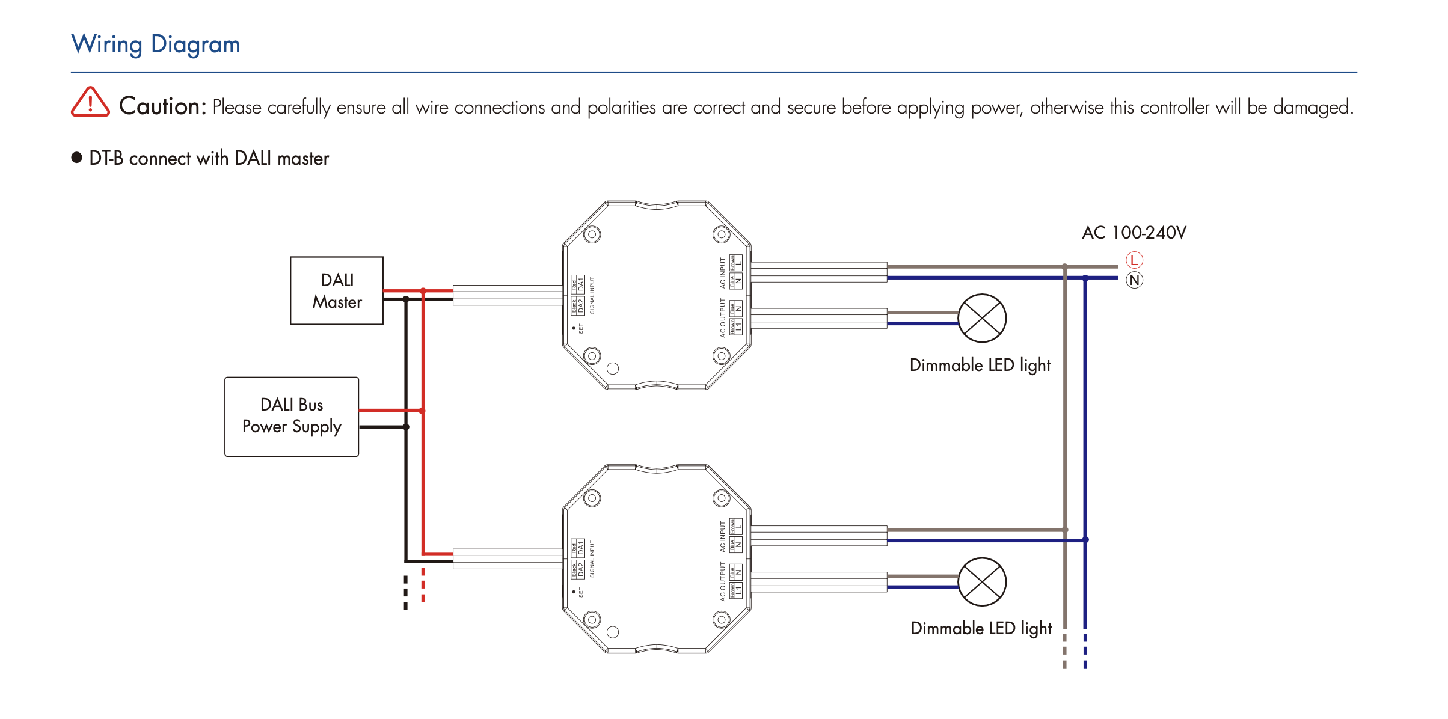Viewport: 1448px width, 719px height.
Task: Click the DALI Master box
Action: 337,291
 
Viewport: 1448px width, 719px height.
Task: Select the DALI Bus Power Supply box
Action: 292,417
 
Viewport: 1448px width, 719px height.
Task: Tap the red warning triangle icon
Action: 90,102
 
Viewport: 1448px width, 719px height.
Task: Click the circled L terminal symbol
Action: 1134,260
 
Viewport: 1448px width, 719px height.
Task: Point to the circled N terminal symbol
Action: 1134,280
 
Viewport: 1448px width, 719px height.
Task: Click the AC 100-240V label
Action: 1134,233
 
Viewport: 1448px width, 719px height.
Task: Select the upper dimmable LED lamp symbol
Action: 982,318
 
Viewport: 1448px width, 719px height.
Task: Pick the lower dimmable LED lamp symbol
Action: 982,582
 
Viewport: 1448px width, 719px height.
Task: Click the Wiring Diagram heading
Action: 156,44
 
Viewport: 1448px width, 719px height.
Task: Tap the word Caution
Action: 162,106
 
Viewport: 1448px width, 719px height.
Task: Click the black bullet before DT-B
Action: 76,158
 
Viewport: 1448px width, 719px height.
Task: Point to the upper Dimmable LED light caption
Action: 980,365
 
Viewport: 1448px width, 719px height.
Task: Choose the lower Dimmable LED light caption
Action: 981,628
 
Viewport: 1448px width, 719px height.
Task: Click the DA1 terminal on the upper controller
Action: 581,284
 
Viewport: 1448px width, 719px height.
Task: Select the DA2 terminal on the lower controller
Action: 581,569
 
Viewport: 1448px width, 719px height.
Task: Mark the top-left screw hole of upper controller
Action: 592,234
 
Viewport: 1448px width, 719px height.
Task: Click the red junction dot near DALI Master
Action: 423,291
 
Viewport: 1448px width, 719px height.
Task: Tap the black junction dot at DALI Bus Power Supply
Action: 406,427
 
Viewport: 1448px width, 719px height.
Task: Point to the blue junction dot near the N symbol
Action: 1085,278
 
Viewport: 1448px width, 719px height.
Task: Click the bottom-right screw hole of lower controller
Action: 721,619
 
